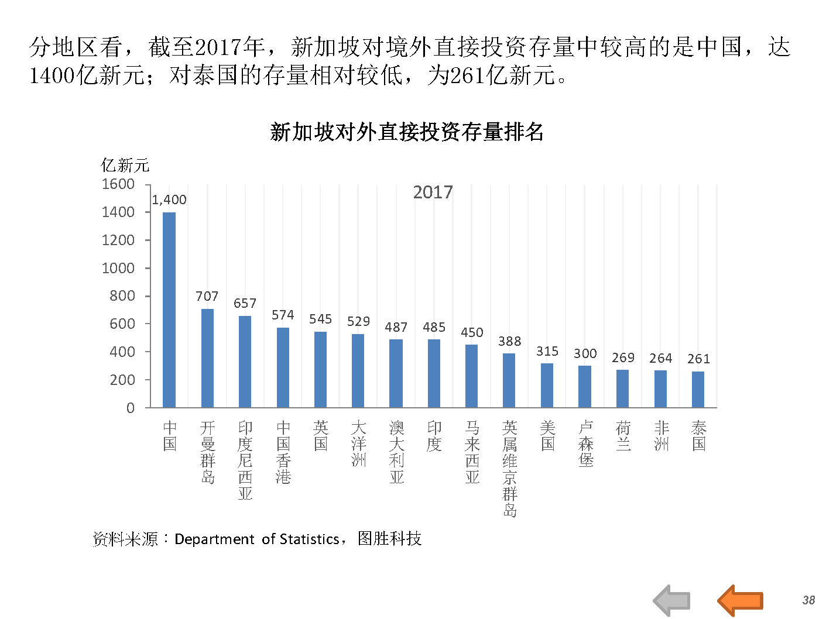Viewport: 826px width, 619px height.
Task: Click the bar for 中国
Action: [x=169, y=309]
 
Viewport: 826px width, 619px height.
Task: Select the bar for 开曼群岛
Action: [x=207, y=358]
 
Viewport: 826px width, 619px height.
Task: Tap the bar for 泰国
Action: [x=698, y=389]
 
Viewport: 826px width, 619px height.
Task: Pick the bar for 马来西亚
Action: [x=471, y=376]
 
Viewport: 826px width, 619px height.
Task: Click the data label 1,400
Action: [x=169, y=200]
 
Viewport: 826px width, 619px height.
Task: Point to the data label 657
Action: [x=245, y=303]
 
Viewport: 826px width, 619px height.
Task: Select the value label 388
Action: [x=509, y=341]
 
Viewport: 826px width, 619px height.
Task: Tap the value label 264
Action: [x=660, y=358]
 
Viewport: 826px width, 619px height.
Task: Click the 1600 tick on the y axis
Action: [x=118, y=184]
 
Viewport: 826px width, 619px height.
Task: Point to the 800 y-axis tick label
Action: [x=122, y=296]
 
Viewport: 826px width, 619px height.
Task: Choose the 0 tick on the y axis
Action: [x=130, y=408]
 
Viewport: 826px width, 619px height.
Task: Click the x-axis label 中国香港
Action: [x=283, y=452]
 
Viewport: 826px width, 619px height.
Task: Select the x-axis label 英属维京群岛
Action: [x=510, y=469]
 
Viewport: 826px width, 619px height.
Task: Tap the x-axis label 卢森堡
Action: [x=585, y=444]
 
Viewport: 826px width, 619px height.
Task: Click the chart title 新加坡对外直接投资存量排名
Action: [x=407, y=132]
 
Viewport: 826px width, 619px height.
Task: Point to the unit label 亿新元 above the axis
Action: [x=125, y=166]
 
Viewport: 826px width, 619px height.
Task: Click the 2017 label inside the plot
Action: [x=433, y=192]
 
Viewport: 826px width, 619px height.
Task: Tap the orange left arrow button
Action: [x=740, y=600]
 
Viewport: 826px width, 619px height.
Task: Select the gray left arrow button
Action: [x=672, y=600]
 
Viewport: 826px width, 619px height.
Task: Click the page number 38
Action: [x=808, y=600]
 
